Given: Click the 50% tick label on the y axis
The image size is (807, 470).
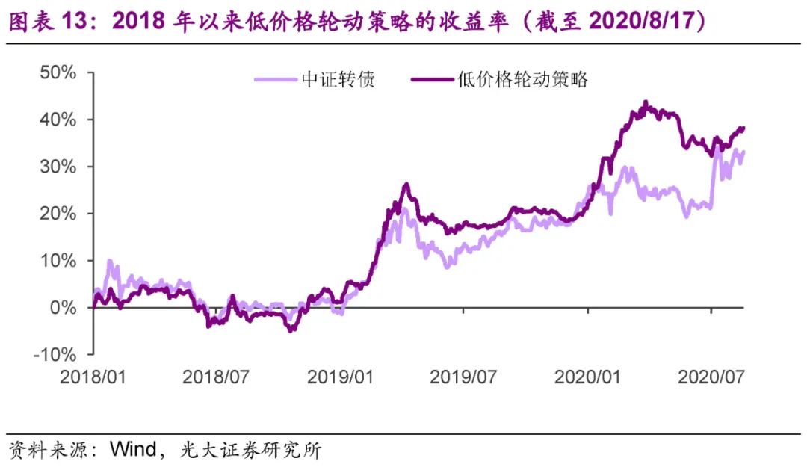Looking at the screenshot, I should [59, 73].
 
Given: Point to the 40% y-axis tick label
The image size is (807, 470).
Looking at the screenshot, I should [59, 120].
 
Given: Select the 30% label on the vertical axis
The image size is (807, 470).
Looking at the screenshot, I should [59, 167].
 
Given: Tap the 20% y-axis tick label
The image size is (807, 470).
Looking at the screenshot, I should [59, 214].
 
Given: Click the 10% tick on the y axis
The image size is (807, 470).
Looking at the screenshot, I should [59, 261].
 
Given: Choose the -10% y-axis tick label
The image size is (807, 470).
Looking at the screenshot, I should [55, 354].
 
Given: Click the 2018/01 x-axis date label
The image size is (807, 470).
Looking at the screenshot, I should [93, 377].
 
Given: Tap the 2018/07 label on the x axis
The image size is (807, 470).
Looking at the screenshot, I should [216, 377].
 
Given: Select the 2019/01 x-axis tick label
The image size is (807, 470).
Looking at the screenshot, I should [340, 377].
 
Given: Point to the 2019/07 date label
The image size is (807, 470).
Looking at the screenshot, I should [463, 377].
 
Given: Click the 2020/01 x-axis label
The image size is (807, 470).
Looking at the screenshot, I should [587, 377].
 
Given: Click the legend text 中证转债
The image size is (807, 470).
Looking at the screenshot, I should [338, 80].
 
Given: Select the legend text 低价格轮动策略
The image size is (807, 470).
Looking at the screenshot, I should [522, 80].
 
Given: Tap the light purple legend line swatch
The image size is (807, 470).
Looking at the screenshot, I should [276, 80].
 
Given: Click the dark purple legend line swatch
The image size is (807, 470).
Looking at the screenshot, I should [431, 80].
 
